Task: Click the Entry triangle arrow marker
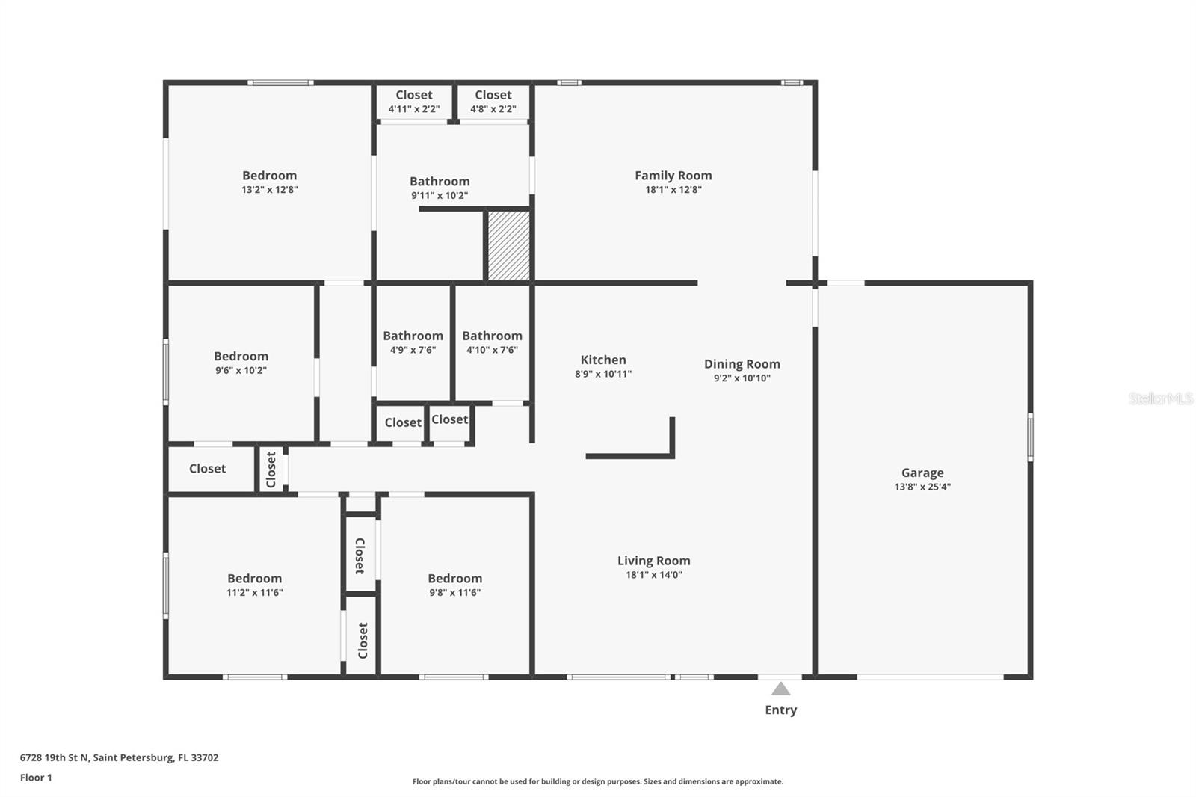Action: [x=780, y=689]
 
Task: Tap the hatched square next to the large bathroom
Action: [x=508, y=245]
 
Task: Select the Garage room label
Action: [x=922, y=473]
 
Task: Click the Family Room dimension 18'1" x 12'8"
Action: [x=673, y=190]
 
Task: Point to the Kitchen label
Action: [x=603, y=360]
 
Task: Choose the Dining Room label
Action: [x=742, y=364]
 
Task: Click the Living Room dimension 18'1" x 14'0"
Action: [x=653, y=575]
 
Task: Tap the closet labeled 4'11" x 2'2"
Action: [x=414, y=102]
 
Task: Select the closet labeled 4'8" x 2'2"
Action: [x=493, y=102]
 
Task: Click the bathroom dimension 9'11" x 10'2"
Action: [x=440, y=196]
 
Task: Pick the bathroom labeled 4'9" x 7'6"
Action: [x=413, y=342]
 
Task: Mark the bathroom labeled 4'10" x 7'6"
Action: [x=492, y=342]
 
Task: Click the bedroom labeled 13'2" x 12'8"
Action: [x=269, y=182]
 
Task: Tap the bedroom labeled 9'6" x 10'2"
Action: [x=241, y=363]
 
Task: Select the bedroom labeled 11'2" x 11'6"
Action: [x=254, y=585]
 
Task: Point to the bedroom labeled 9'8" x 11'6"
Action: [x=454, y=585]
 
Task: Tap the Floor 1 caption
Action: [x=36, y=778]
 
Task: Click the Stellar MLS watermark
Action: [x=1160, y=398]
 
